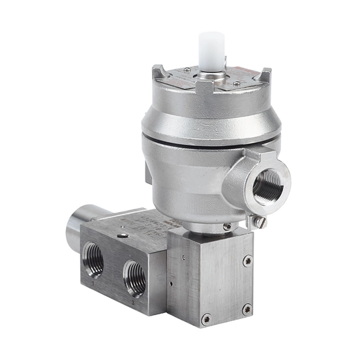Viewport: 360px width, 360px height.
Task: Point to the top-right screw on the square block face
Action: [x=247, y=261]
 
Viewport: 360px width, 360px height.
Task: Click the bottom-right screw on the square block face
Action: [x=246, y=308]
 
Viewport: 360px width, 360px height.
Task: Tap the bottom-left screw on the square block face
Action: [x=206, y=318]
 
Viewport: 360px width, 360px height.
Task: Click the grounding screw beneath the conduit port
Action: [x=260, y=222]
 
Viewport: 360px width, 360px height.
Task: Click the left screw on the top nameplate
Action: [x=187, y=70]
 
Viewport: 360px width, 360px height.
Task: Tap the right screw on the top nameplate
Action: [x=236, y=83]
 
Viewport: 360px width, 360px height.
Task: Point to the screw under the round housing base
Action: [x=226, y=226]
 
